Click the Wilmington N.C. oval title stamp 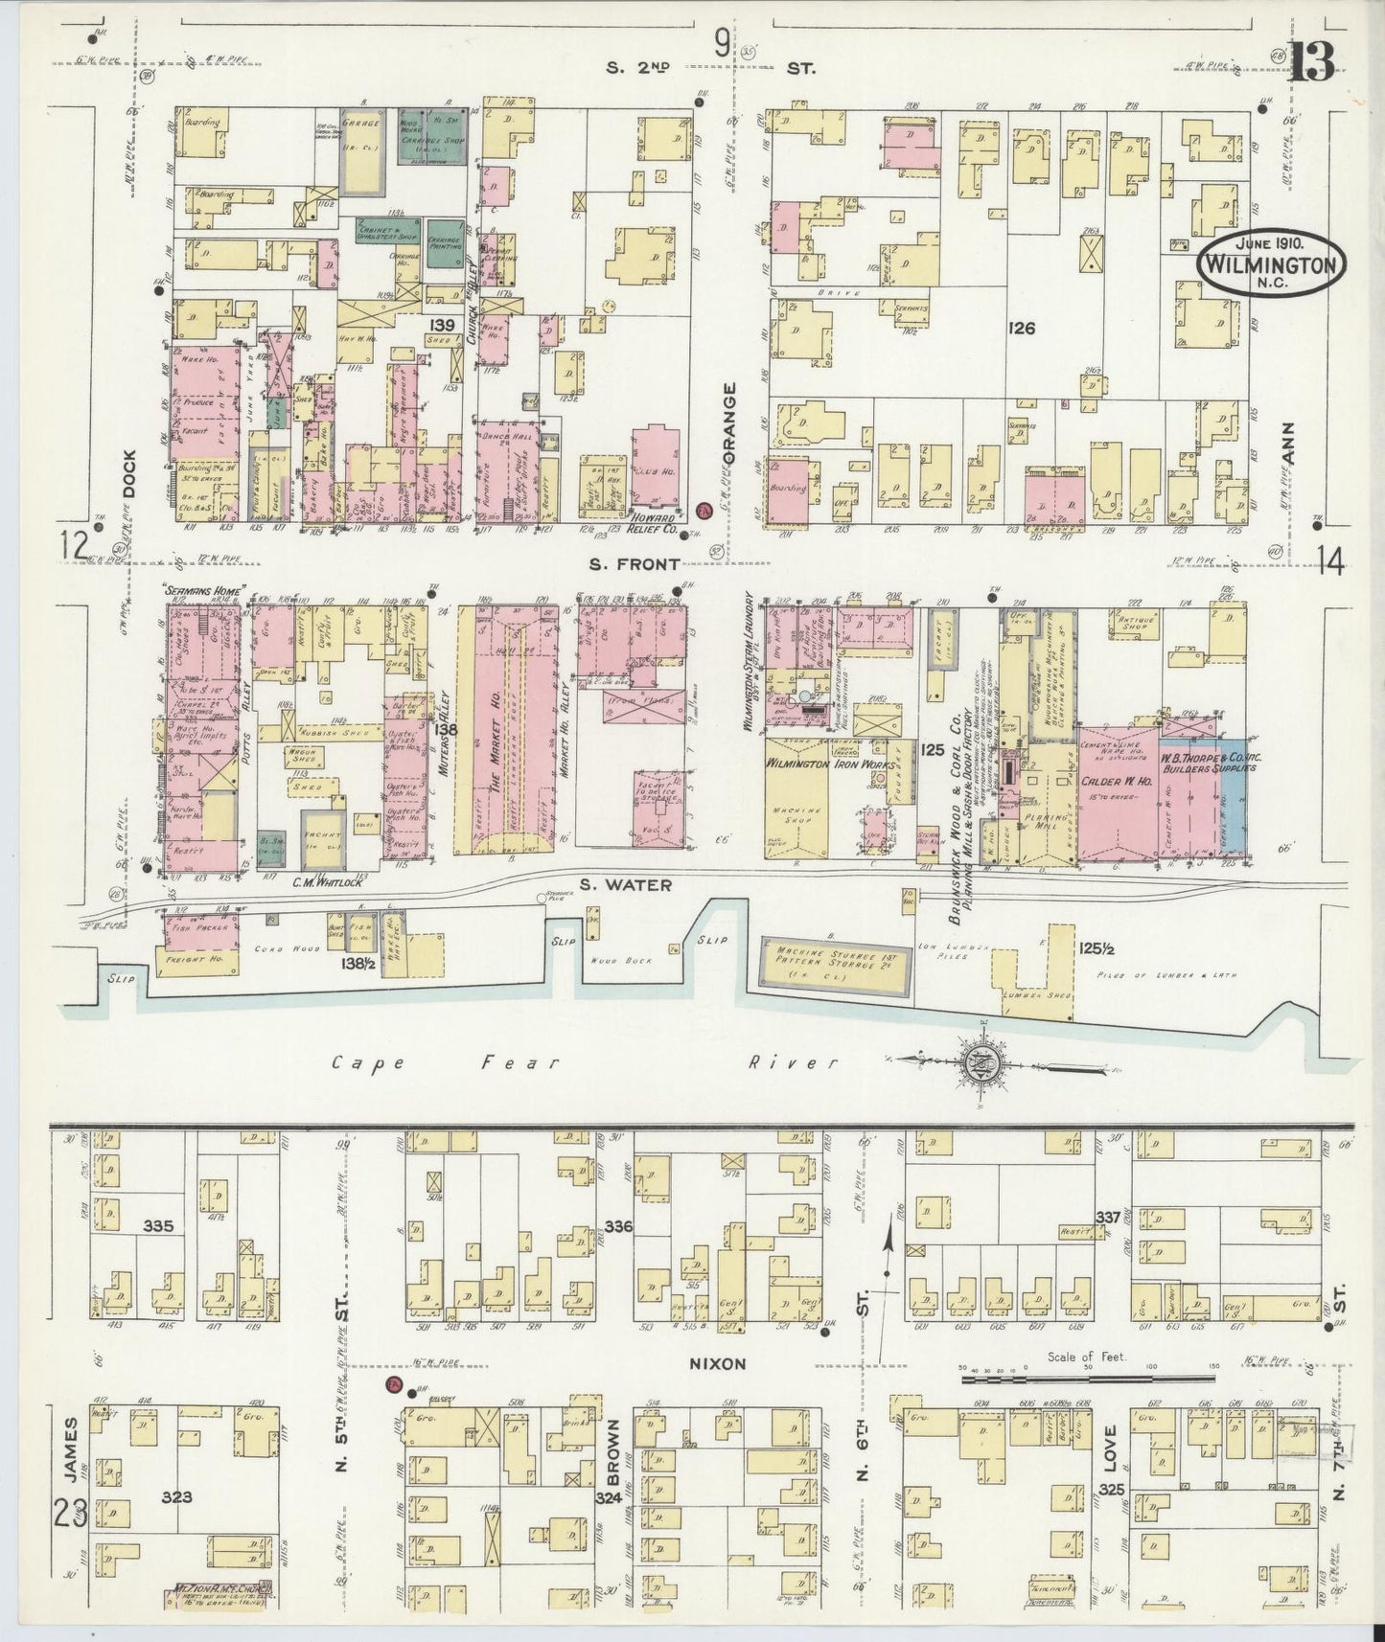tap(1270, 262)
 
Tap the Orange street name tap(729, 424)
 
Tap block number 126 tap(1022, 329)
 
